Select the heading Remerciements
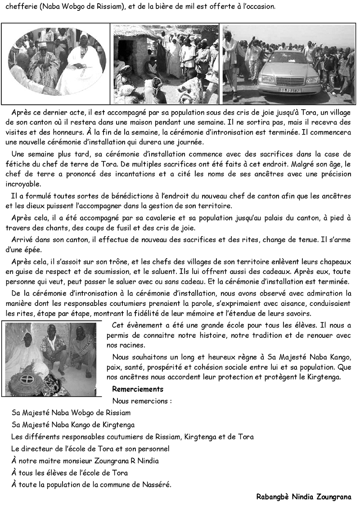click(x=138, y=389)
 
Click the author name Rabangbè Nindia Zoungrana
click(x=303, y=497)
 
